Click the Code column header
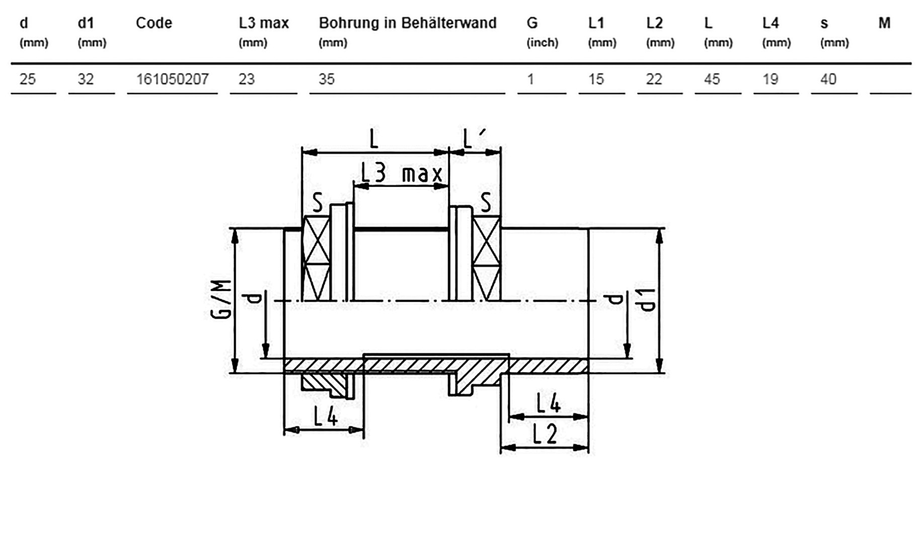click(154, 23)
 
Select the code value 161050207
click(173, 79)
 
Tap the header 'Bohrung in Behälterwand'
click(408, 23)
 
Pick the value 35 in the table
click(327, 79)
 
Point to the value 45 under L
click(712, 79)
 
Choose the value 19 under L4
click(771, 79)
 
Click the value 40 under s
click(828, 79)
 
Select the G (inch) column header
click(543, 31)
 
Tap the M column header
click(885, 23)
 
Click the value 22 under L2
click(654, 79)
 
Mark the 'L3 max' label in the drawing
click(402, 174)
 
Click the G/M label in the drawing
click(221, 300)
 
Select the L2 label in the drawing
click(545, 434)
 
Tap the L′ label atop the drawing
click(474, 138)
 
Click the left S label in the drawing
click(318, 203)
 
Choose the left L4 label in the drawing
click(326, 416)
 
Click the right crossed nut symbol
click(487, 258)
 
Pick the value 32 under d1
click(86, 79)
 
